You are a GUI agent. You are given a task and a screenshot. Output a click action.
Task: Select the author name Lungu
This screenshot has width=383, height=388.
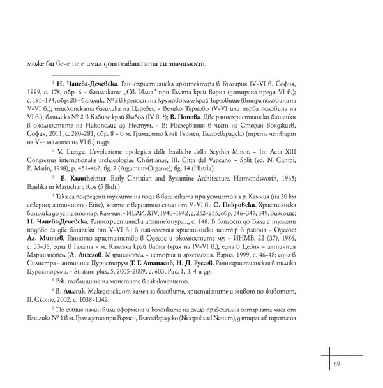click(79, 170)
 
